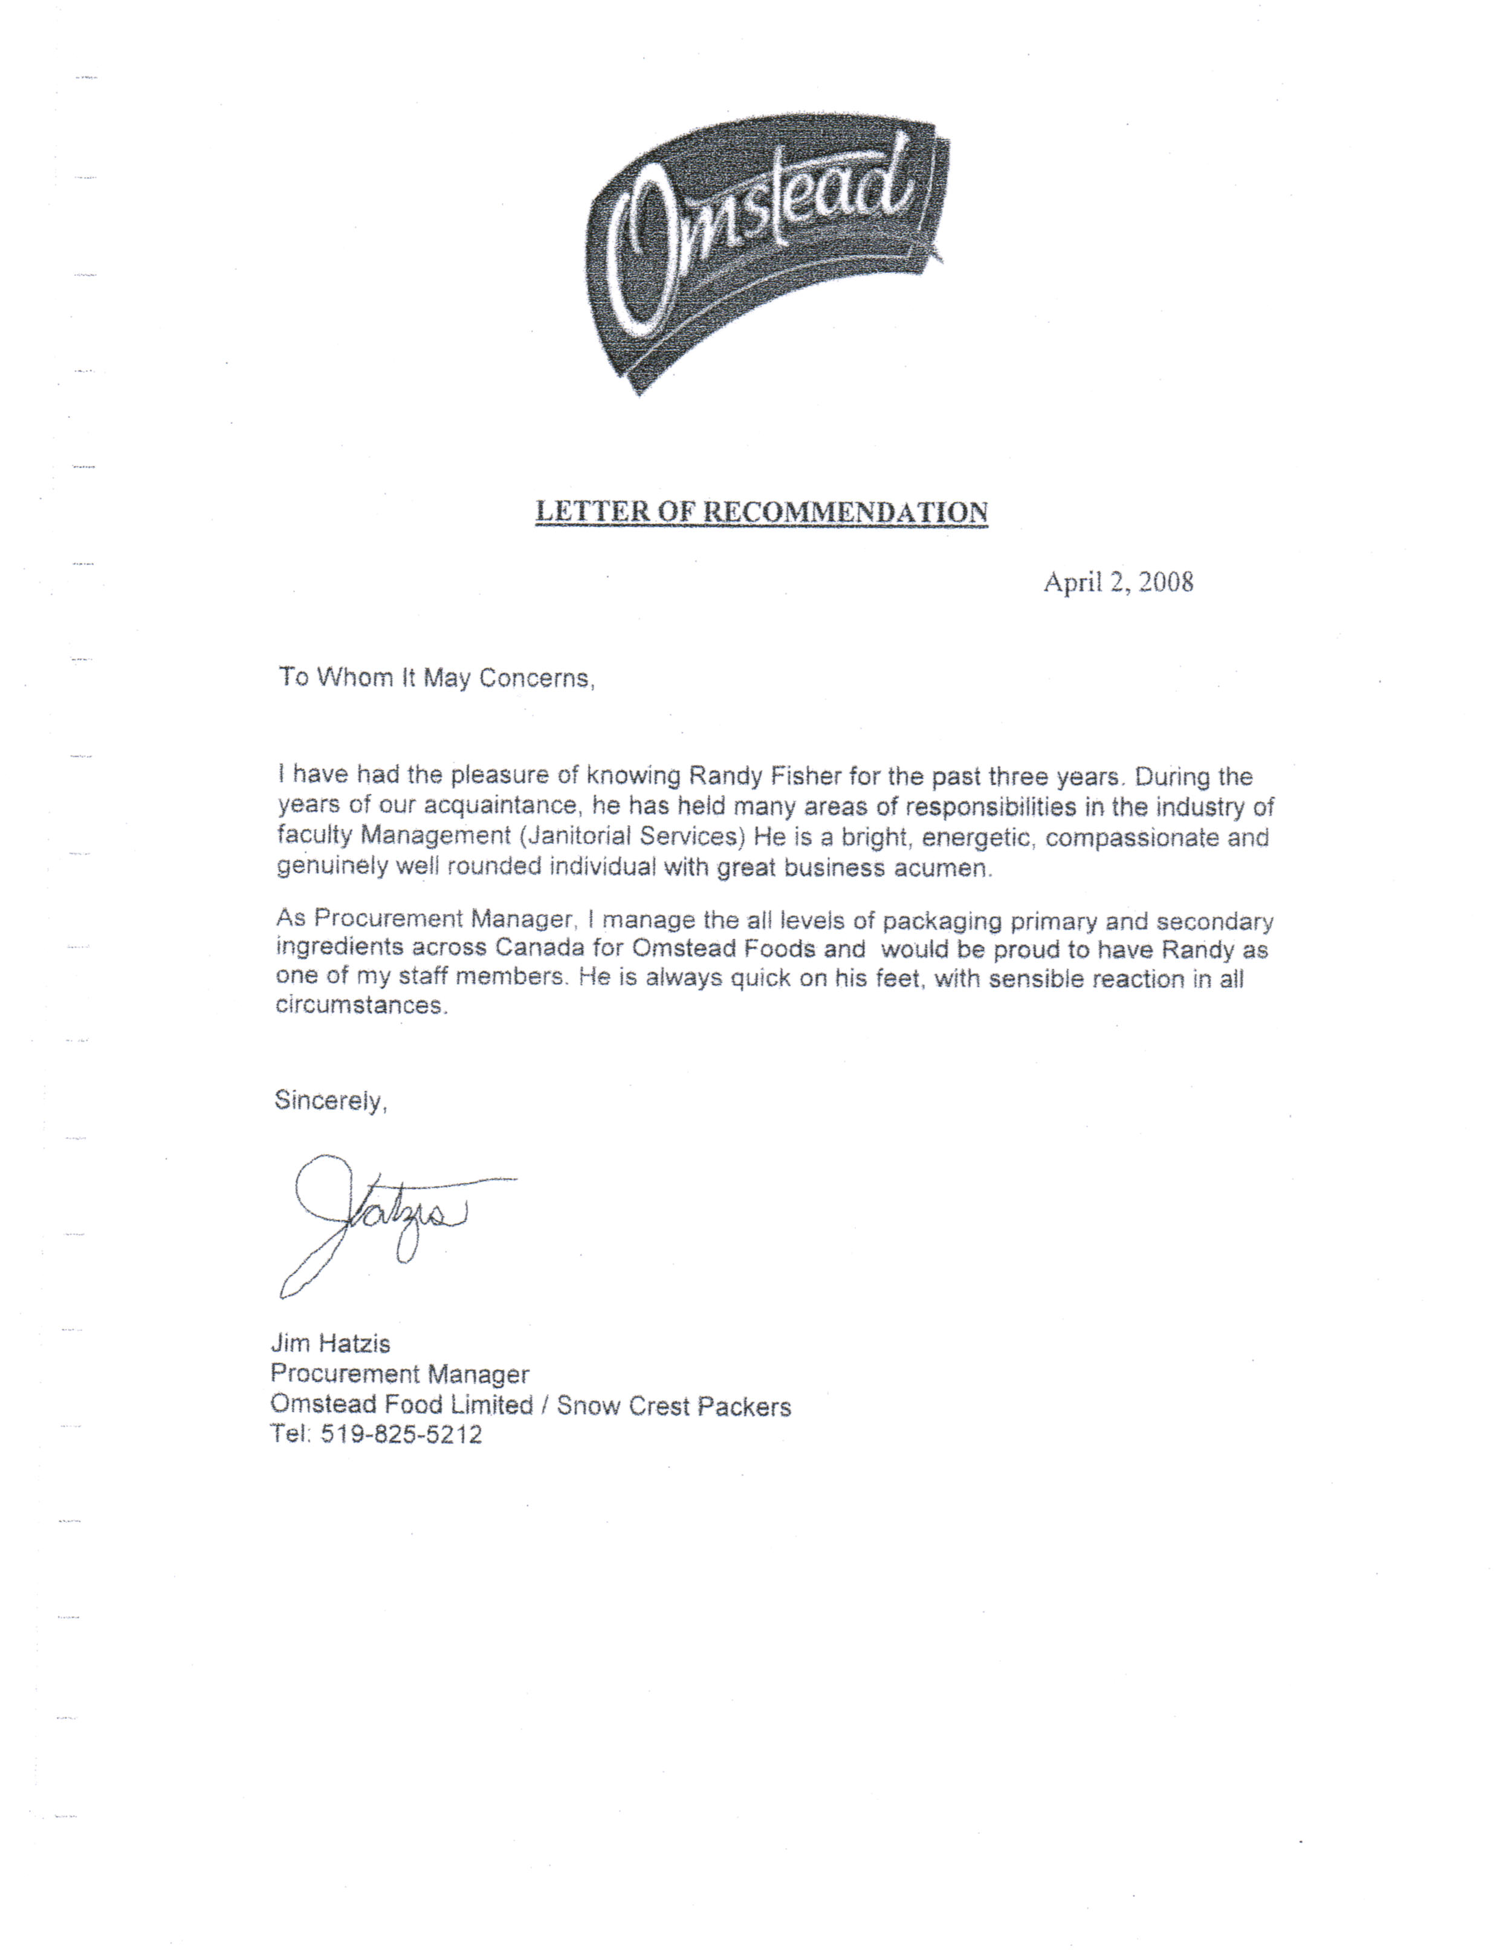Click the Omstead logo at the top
point(768,255)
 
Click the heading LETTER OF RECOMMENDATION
point(761,512)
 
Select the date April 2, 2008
point(1118,583)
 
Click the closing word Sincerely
point(329,1101)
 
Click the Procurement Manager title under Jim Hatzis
point(400,1375)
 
